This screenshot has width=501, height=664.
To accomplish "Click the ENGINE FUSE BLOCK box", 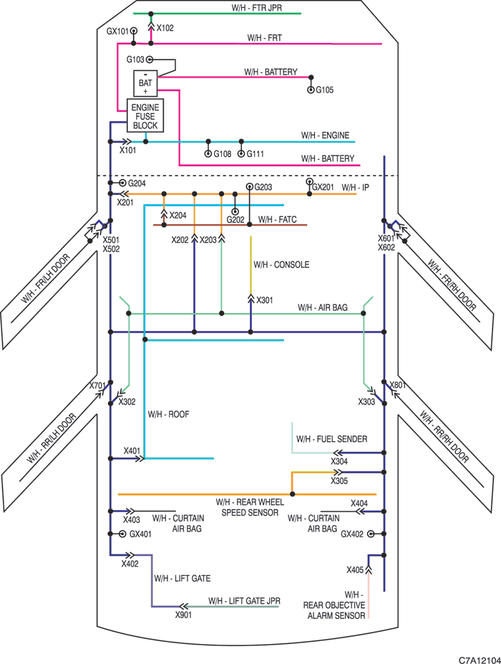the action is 145,115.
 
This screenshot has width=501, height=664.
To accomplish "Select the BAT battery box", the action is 145,83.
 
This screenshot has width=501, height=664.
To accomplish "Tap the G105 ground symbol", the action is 311,90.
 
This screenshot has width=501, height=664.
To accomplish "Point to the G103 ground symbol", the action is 150,59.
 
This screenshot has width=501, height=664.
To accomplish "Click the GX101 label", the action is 117,32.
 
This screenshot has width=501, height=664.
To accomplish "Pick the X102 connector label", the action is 165,28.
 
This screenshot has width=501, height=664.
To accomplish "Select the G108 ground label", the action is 222,154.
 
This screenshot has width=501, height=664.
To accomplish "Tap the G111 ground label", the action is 256,154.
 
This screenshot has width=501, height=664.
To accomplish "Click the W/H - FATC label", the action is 277,219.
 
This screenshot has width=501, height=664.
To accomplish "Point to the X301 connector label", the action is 265,300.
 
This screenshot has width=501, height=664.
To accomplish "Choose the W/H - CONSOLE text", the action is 281,264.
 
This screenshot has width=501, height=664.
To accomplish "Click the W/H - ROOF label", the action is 168,414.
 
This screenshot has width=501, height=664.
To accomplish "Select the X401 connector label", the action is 132,451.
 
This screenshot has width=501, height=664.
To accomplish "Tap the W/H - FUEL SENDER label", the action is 332,439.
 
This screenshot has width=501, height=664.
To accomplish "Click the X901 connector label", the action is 184,615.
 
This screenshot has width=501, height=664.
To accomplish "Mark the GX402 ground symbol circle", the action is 371,534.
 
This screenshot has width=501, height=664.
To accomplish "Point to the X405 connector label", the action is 355,570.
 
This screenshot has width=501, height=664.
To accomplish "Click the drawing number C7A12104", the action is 480,659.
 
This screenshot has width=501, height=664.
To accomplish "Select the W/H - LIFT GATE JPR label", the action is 244,601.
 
